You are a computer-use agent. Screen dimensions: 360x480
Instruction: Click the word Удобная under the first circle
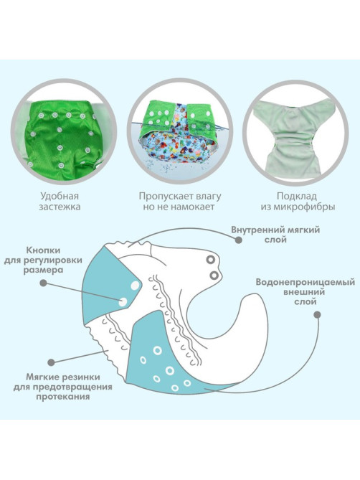coord(60,196)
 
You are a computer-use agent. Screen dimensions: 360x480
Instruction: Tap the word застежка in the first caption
coord(60,207)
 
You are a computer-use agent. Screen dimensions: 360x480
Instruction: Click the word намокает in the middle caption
coord(192,207)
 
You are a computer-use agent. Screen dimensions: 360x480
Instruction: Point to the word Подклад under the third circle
coord(297,196)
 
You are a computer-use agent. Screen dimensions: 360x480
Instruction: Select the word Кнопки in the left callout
coord(44,250)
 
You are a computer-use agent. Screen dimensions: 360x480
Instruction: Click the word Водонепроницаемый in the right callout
coord(305,282)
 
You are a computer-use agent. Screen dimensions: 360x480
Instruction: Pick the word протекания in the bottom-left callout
coord(63,397)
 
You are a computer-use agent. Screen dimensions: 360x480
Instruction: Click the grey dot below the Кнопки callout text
coord(44,283)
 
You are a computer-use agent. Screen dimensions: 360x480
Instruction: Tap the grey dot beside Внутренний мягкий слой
coord(239,240)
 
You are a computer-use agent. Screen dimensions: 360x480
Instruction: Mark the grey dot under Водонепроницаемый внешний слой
coord(318,315)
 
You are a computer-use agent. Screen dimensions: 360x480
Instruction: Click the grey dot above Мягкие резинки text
coord(52,362)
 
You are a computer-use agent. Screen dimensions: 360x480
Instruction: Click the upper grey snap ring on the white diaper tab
coord(210,260)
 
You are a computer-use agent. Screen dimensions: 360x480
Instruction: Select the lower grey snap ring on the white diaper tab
coord(214,276)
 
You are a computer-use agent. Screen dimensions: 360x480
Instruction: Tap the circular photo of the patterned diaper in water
coord(180,132)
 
